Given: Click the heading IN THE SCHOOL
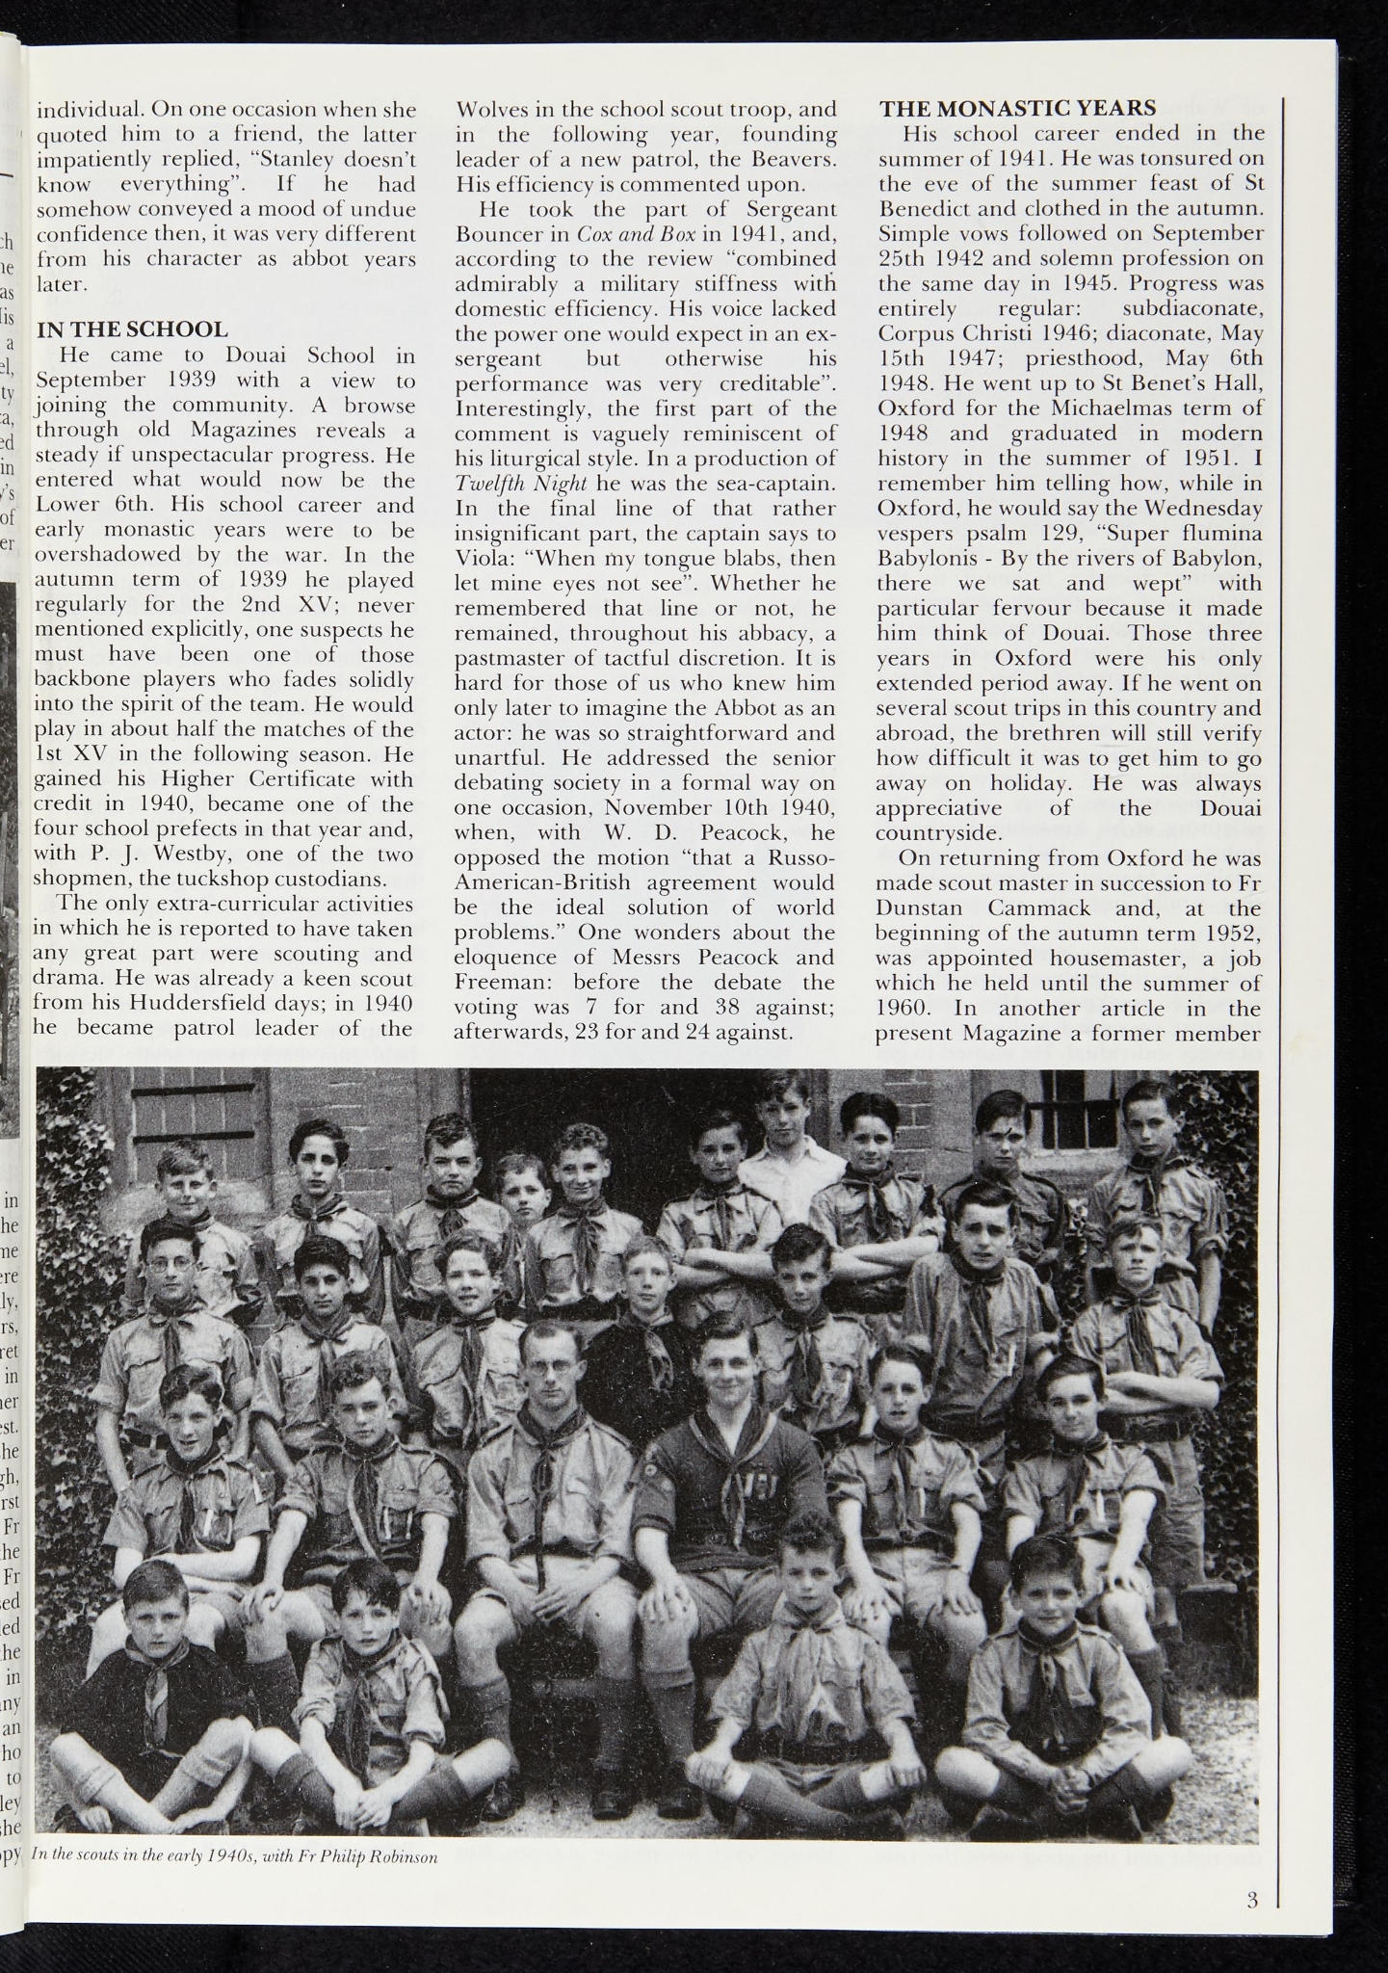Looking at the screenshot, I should [131, 330].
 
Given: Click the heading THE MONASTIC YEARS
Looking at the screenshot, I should [1017, 109].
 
